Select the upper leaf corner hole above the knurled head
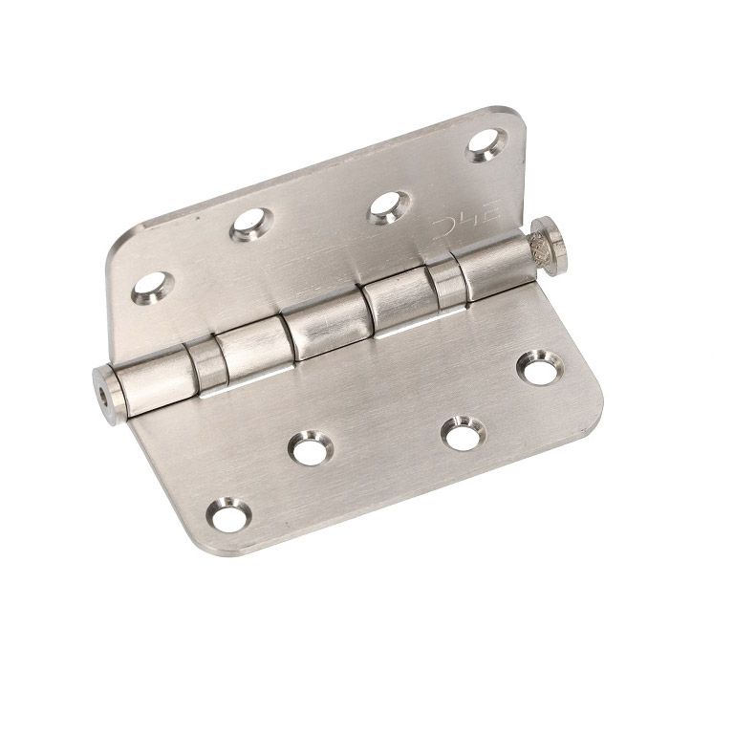click(484, 144)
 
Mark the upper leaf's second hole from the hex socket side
click(251, 225)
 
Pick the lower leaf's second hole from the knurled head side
click(462, 433)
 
